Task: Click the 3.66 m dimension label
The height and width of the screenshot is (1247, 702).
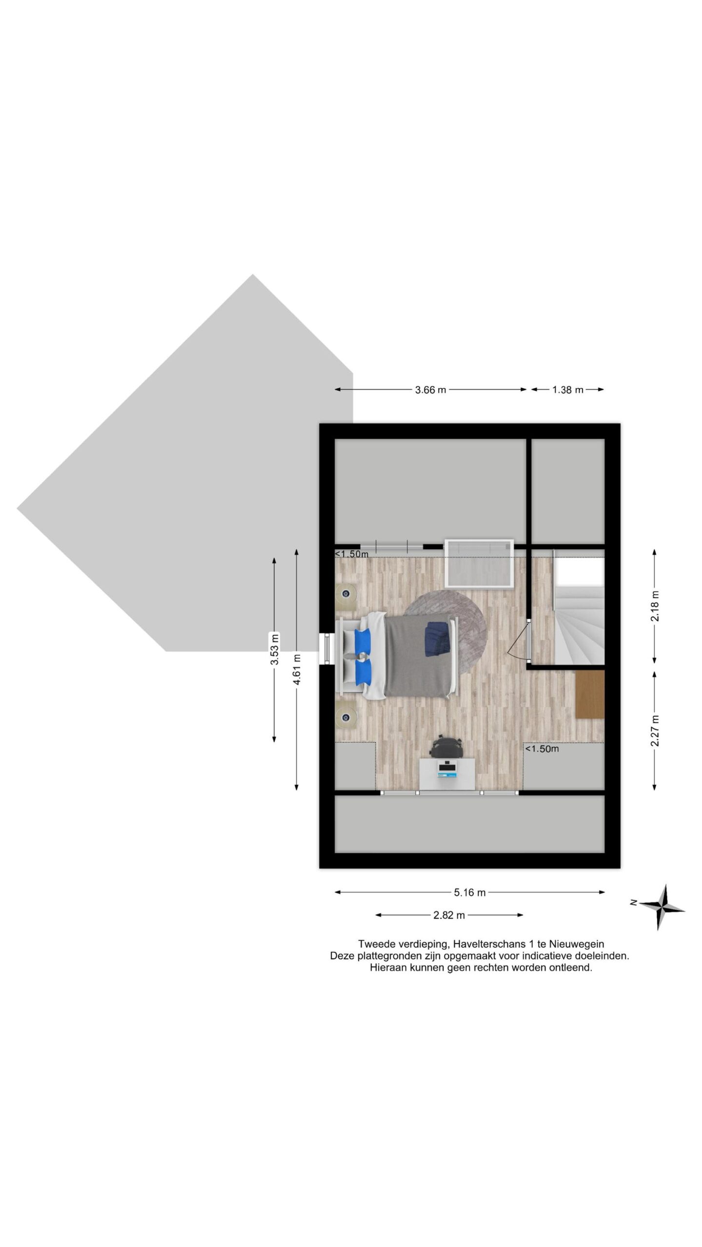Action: pos(430,390)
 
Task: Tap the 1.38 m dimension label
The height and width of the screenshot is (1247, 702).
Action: pos(567,390)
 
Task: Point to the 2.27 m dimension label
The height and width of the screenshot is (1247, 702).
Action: pos(655,731)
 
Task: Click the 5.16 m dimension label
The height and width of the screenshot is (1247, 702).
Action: pos(469,892)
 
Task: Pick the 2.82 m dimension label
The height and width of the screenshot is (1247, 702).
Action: pos(449,915)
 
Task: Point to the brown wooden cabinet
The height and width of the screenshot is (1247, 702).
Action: pos(590,694)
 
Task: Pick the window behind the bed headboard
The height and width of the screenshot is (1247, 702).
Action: pos(327,648)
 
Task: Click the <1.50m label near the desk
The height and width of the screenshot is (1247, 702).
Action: pos(542,749)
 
